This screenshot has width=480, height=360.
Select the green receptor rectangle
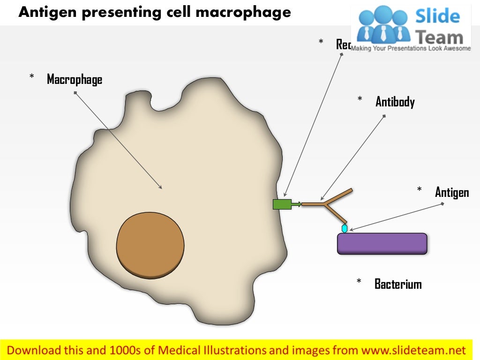[282, 204]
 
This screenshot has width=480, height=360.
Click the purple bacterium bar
[382, 244]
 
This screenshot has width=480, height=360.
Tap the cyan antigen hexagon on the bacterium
[345, 229]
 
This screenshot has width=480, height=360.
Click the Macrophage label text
[74, 80]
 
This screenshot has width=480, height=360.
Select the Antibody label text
[395, 102]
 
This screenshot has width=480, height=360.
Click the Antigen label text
[451, 192]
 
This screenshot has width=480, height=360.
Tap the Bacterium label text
[397, 284]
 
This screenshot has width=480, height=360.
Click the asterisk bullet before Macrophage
[32, 76]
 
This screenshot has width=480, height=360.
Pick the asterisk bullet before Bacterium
[359, 281]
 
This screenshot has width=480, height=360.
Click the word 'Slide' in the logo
[438, 17]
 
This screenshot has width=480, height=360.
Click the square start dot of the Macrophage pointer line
[75, 93]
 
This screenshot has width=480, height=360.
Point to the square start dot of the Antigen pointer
[442, 203]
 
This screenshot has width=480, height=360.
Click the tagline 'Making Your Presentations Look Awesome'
[411, 49]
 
